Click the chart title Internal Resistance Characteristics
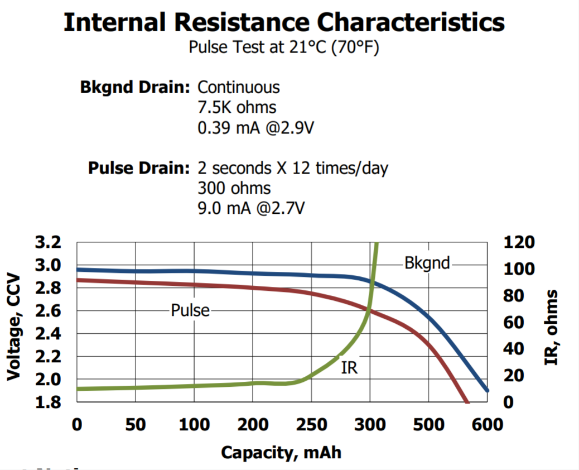tap(284, 22)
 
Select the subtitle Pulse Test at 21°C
tap(284, 48)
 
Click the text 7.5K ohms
tap(237, 107)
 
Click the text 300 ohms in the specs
tap(234, 188)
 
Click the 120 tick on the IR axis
tap(519, 242)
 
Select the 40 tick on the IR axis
tap(513, 349)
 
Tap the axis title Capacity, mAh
tap(281, 452)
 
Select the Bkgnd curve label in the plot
tap(427, 263)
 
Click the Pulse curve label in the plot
tap(190, 310)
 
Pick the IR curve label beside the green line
tap(349, 368)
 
